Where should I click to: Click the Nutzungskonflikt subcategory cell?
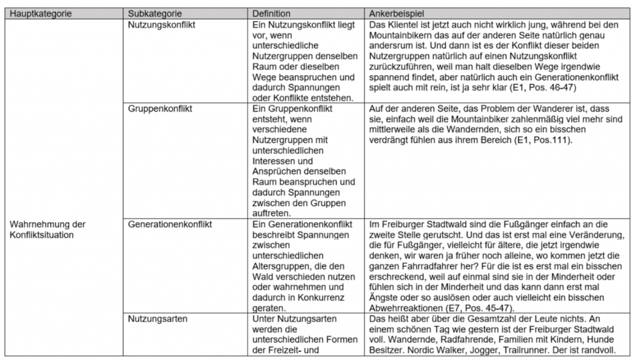click(x=161, y=25)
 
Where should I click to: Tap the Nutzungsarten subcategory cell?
click(x=156, y=319)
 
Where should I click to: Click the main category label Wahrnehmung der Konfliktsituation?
click(x=48, y=229)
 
